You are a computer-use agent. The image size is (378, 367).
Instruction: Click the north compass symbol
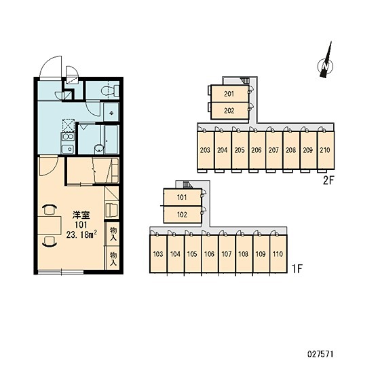click(326, 63)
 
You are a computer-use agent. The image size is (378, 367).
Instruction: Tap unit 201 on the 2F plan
click(229, 93)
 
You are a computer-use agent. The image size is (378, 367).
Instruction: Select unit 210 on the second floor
click(325, 150)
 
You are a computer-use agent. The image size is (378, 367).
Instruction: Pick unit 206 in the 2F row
click(257, 150)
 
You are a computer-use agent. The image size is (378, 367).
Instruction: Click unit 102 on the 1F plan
click(183, 214)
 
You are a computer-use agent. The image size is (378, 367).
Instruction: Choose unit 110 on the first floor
click(278, 254)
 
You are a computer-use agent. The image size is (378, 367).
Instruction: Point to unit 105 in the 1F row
click(192, 254)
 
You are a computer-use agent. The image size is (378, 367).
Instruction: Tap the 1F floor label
click(297, 268)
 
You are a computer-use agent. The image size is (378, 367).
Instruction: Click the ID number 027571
click(320, 355)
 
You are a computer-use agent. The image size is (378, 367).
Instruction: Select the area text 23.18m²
click(81, 234)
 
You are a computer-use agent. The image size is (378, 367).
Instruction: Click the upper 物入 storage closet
click(113, 234)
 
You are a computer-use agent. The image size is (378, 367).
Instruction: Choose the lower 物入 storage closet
click(113, 258)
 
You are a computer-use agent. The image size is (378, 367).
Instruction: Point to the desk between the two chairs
click(50, 226)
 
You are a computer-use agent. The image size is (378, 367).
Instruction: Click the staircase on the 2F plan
click(245, 80)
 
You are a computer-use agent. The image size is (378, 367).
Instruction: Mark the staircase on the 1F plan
click(187, 184)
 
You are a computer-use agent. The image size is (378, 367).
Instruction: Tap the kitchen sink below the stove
click(67, 149)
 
